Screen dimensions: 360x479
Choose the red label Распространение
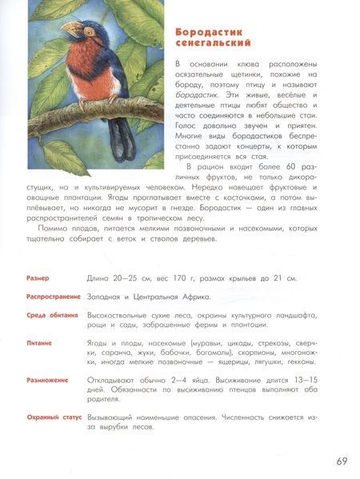(x=54, y=297)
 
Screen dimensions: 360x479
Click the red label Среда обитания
(x=52, y=315)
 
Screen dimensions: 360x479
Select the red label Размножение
(x=47, y=380)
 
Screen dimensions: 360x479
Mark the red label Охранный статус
(x=53, y=417)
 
